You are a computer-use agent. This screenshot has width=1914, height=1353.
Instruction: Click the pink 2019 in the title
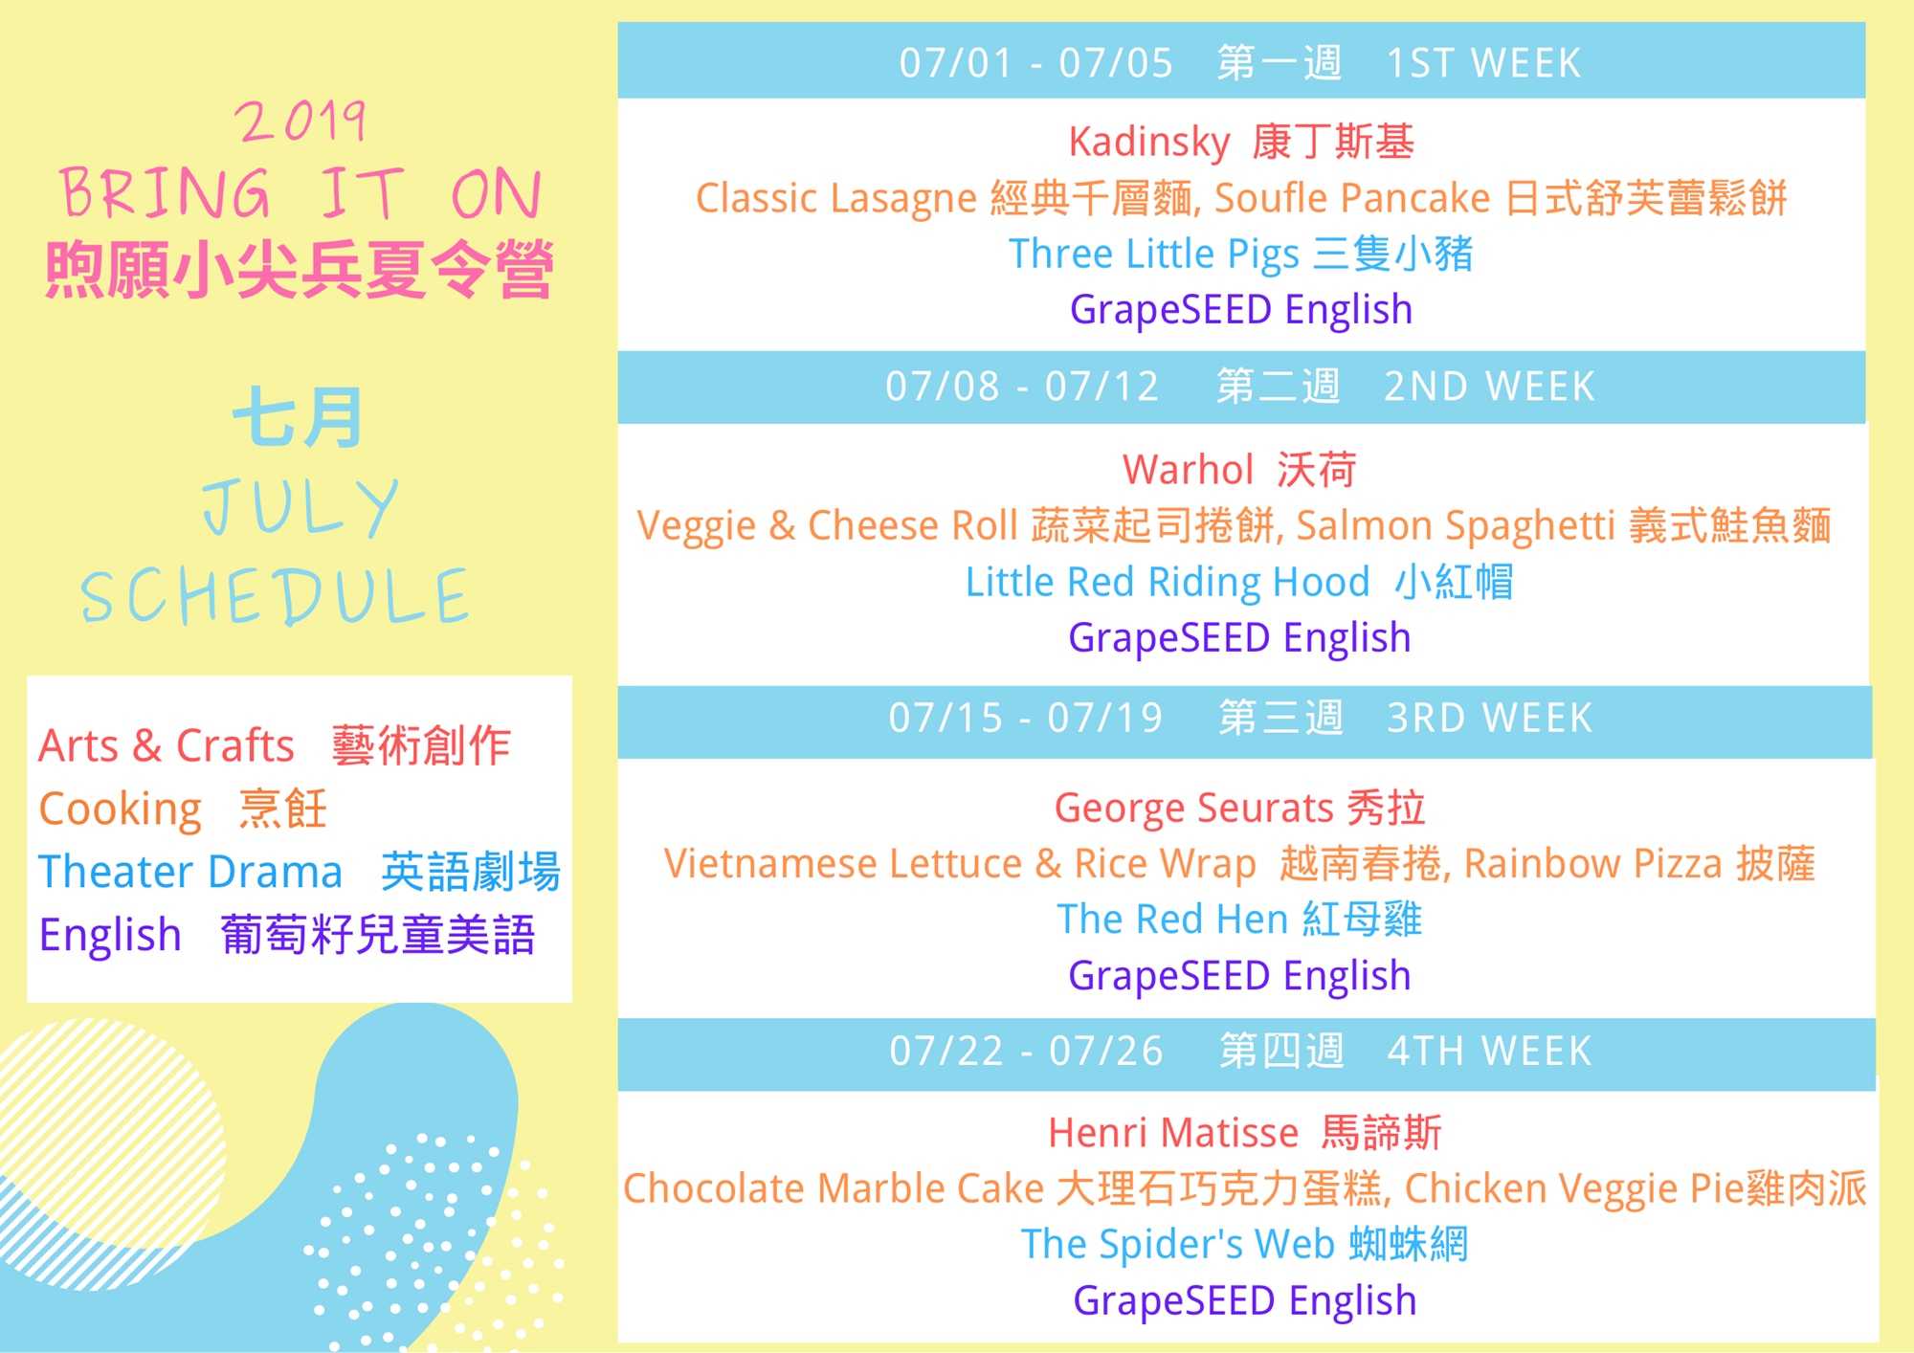click(300, 122)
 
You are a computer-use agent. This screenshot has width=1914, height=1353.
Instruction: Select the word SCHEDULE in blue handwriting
click(276, 596)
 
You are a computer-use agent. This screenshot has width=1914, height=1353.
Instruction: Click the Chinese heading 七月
click(298, 417)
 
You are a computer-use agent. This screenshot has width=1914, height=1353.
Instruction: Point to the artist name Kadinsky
click(1149, 142)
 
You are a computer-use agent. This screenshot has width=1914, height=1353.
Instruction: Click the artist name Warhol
click(1188, 470)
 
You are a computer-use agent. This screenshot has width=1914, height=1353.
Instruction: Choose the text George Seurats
click(1193, 809)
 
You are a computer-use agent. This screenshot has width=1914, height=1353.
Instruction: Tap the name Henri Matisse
click(1173, 1133)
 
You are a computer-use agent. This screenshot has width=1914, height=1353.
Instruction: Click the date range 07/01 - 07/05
click(1035, 63)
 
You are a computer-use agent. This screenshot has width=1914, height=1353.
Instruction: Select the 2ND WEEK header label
click(1489, 387)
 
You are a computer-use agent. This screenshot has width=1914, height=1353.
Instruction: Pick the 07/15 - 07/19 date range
click(1026, 718)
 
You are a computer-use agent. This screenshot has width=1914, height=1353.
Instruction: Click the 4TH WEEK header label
click(1489, 1051)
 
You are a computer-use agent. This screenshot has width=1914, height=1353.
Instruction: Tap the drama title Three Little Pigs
click(1154, 255)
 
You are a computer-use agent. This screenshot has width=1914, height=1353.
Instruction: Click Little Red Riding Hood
click(1168, 583)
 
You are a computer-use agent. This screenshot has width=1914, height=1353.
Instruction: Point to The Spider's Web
click(1177, 1244)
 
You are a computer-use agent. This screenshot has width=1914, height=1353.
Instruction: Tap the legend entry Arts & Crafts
click(167, 745)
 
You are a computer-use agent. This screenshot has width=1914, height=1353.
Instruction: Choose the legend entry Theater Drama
click(190, 872)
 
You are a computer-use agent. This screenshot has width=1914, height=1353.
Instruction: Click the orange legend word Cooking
click(121, 810)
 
